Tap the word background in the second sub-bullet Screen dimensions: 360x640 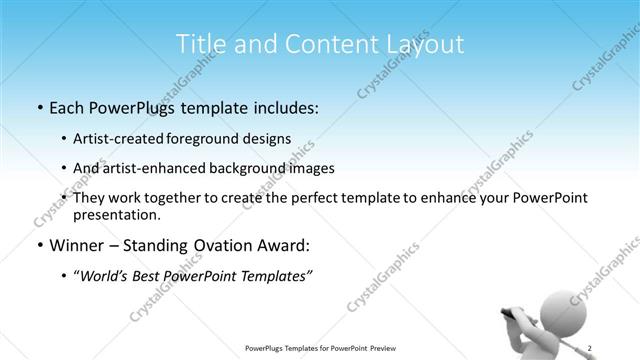tap(249, 168)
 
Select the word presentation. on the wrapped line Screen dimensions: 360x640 tap(116, 215)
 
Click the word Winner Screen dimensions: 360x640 tap(77, 245)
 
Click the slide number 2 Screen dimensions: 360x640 tap(590, 347)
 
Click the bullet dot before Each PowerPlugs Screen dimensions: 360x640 tap(38, 107)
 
